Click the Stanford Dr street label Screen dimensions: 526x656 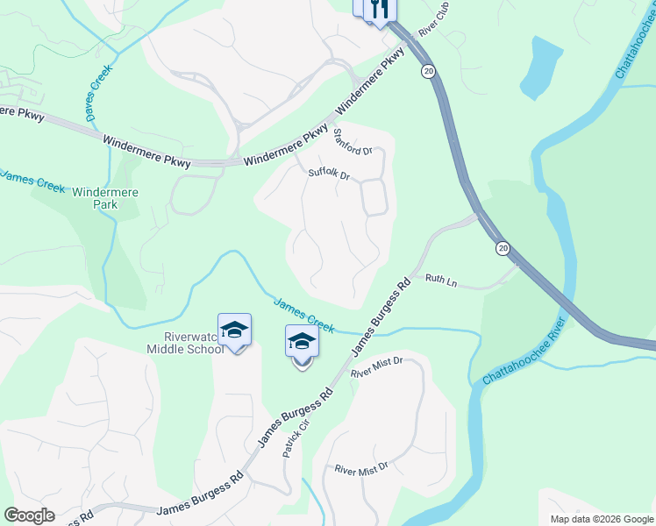[353, 142]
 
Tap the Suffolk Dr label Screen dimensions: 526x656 [329, 174]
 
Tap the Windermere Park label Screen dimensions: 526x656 [107, 197]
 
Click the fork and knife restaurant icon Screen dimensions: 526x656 [380, 10]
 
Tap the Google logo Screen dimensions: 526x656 [29, 515]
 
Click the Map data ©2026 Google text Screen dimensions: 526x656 [601, 519]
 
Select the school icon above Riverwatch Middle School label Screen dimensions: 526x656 [234, 331]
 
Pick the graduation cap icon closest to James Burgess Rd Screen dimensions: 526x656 [302, 342]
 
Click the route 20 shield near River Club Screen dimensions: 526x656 [427, 70]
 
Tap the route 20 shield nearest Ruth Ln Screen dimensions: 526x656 [502, 249]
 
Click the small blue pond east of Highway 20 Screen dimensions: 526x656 [541, 68]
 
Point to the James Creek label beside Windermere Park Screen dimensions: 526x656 [32, 180]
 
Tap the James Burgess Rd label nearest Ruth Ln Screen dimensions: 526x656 [381, 317]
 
